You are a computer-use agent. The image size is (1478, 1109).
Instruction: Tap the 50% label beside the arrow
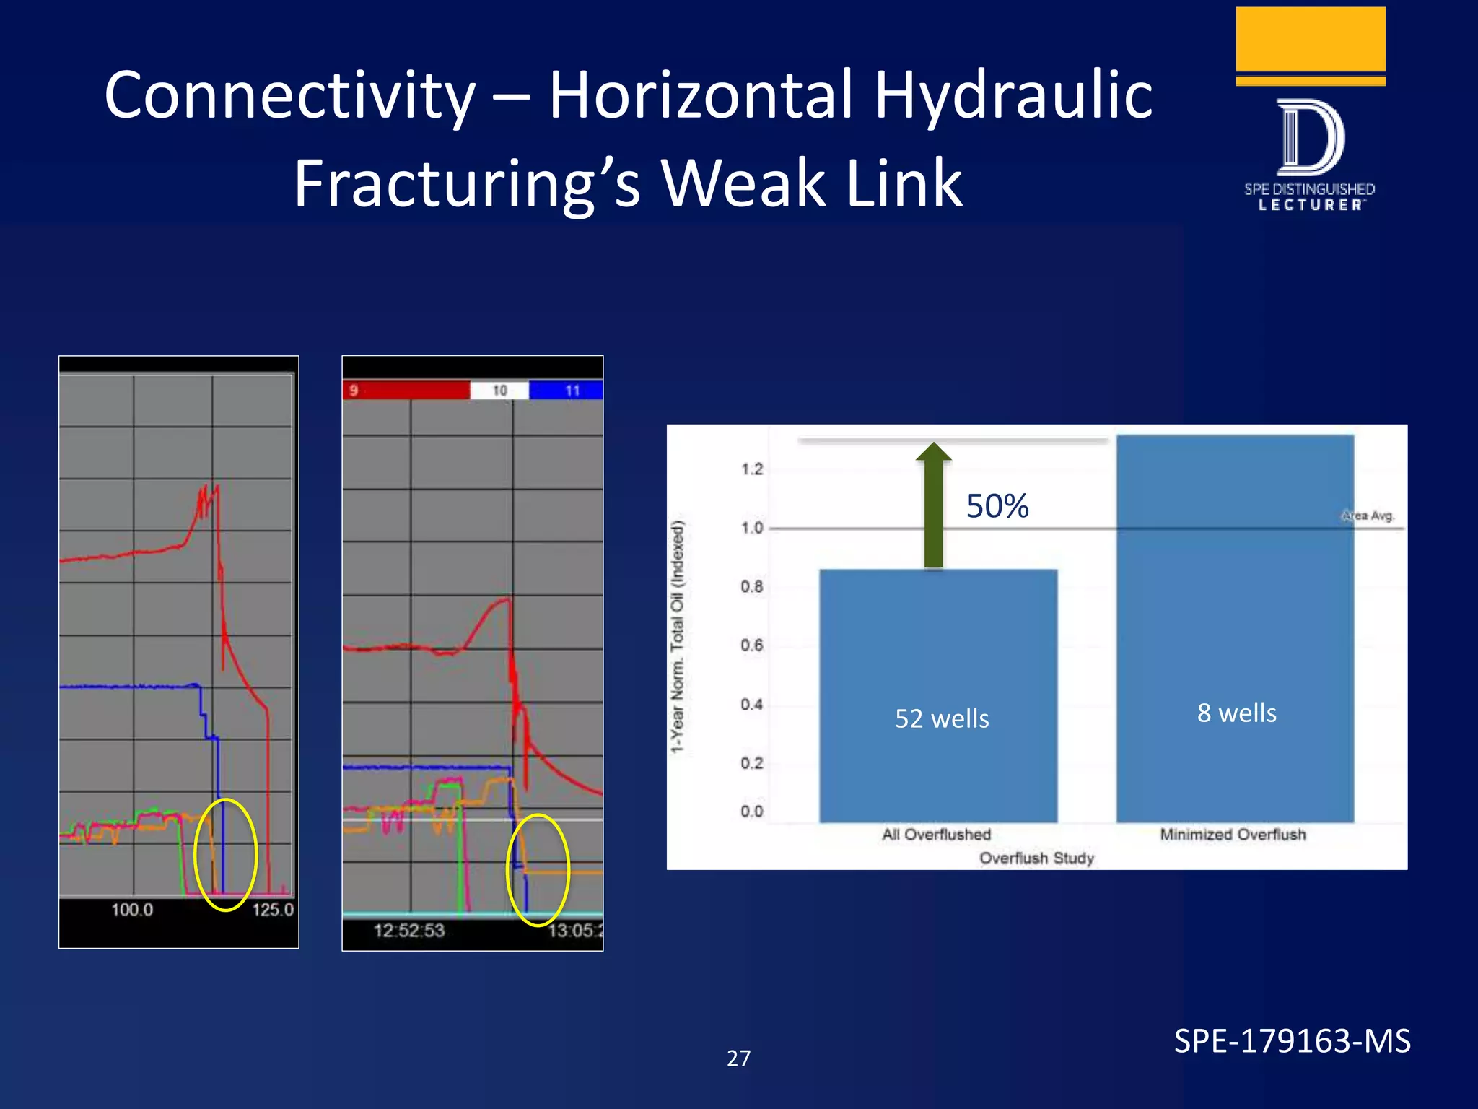[997, 506]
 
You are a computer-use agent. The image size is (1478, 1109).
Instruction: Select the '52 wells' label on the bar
[942, 718]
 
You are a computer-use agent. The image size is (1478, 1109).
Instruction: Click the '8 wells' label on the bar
[1236, 713]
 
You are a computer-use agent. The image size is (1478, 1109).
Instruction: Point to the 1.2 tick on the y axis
[751, 469]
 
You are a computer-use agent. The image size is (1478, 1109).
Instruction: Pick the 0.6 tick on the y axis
[751, 645]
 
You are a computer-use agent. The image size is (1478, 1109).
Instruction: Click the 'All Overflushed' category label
[936, 835]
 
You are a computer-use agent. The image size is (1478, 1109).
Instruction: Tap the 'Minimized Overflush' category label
[1233, 835]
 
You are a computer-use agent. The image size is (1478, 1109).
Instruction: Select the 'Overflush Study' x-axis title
[1036, 858]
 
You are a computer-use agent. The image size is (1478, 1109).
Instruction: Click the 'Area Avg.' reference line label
[1368, 516]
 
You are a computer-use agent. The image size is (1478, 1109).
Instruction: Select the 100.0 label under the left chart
[132, 910]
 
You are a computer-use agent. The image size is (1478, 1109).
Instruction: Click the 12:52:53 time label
[408, 931]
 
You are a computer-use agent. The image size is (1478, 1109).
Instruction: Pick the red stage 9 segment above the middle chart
[406, 391]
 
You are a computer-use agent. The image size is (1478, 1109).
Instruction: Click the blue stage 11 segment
[567, 391]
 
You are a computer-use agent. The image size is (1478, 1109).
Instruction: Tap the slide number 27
[738, 1058]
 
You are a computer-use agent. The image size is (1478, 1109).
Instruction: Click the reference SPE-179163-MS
[1292, 1041]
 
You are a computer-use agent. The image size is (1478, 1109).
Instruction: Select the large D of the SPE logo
[1310, 137]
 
